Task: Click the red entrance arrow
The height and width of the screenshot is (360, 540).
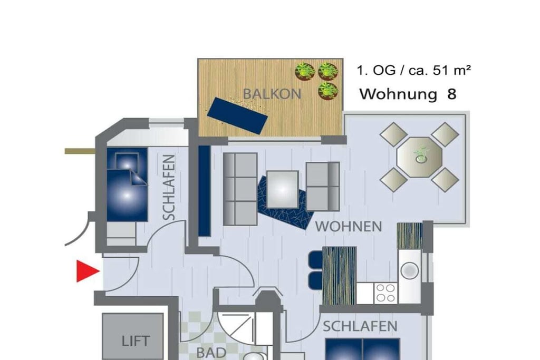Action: (88, 271)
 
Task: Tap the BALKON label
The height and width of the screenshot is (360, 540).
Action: (272, 94)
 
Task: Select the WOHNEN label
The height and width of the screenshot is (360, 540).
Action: (349, 227)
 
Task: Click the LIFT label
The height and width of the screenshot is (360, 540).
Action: (136, 341)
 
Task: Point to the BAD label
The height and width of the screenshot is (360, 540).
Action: (211, 353)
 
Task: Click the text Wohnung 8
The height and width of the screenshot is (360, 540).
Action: (408, 94)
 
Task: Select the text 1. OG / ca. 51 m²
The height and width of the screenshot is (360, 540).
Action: (413, 71)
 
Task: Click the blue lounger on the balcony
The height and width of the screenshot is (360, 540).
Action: (237, 115)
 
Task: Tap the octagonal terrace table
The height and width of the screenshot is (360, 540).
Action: (419, 157)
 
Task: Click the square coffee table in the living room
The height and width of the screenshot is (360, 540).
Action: (283, 189)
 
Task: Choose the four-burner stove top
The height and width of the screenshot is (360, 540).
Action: (385, 293)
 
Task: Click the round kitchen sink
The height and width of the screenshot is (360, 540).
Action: (409, 270)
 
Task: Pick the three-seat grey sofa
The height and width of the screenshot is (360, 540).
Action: (240, 189)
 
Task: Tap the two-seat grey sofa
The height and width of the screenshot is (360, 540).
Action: (323, 186)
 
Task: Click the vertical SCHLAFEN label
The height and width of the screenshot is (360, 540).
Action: (169, 187)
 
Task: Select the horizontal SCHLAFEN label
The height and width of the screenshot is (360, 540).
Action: (360, 326)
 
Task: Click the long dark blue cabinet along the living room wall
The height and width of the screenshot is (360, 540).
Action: (204, 191)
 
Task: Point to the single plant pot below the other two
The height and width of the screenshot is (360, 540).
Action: (327, 91)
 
